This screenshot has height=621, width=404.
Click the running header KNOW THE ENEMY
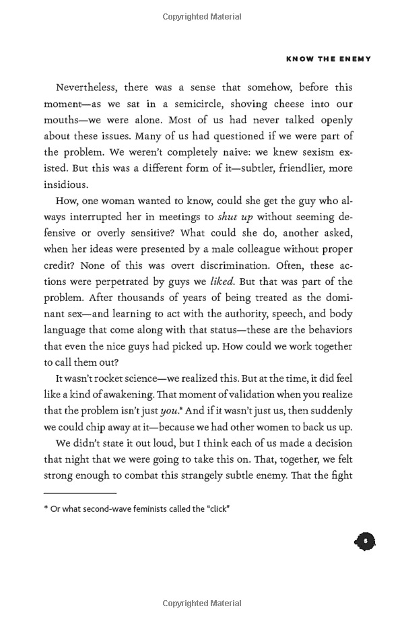[328, 59]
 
